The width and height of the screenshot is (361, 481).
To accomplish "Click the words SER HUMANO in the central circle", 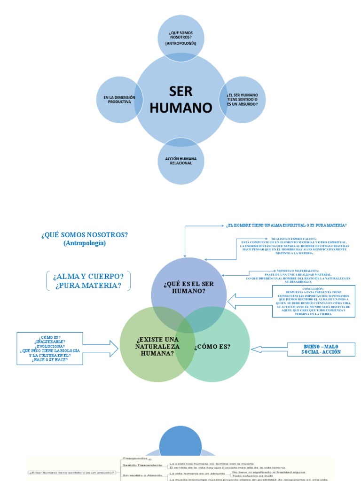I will click(181, 100).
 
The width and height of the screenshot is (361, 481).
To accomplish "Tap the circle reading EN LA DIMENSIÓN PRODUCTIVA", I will click(119, 100).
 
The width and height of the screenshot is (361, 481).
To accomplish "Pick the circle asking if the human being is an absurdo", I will click(242, 100).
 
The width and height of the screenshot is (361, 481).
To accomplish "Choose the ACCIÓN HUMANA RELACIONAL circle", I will click(181, 161).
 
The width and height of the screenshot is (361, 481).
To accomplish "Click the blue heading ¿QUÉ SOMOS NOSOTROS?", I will click(85, 234).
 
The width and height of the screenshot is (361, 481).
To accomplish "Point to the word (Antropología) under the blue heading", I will click(85, 243).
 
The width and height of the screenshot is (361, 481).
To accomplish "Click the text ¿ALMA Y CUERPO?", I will click(88, 276).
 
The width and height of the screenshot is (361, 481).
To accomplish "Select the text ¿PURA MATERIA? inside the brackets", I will click(88, 286).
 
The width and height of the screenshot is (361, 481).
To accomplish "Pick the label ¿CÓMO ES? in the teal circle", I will click(212, 347).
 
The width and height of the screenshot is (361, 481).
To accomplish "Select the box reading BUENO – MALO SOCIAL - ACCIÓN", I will click(321, 349).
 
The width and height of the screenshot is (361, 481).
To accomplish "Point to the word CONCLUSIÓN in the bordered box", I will click(313, 288).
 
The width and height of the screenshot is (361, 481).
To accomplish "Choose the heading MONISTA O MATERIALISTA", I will click(291, 271).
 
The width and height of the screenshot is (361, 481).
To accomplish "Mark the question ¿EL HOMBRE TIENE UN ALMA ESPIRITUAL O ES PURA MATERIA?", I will click(287, 225).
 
